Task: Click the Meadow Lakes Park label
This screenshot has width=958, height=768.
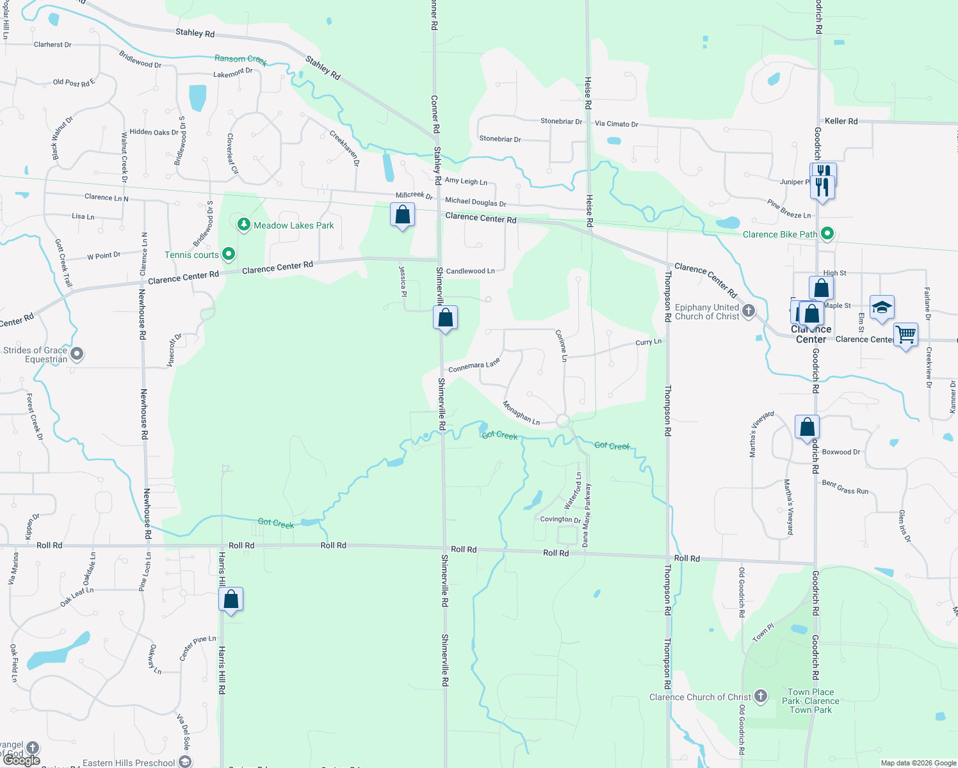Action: pos(293,225)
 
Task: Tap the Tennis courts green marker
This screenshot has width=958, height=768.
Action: pos(228,255)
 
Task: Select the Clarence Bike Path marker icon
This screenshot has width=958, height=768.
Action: pos(827,234)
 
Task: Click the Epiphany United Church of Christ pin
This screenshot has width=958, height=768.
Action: pos(748,311)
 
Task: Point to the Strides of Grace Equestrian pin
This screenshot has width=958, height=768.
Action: pos(77,354)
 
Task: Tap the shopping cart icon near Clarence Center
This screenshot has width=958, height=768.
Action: pos(905,334)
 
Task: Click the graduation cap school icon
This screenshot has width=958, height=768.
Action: pos(882,307)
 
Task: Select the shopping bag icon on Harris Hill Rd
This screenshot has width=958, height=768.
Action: pos(231,599)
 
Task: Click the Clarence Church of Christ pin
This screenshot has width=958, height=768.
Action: pos(761,696)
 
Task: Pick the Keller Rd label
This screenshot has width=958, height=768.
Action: pos(841,121)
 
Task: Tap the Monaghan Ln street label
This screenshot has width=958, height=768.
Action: pos(521,413)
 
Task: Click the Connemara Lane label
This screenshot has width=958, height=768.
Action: pos(474,366)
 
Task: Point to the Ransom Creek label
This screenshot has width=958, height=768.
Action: pos(240,60)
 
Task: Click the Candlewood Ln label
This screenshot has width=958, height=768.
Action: pos(470,271)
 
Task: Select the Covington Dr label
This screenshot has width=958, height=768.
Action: pos(560,519)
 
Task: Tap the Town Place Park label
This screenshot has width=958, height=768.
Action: pos(811,701)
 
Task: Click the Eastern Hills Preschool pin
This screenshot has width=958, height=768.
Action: pos(185,762)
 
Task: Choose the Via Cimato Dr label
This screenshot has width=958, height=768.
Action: pos(616,124)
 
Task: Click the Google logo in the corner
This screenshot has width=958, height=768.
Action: pos(22,760)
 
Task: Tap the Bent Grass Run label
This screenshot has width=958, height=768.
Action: pos(845,488)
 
